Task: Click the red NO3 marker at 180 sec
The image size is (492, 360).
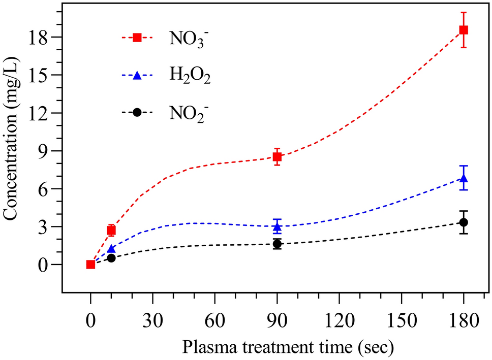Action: pyautogui.click(x=464, y=30)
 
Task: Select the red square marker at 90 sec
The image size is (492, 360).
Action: pyautogui.click(x=277, y=157)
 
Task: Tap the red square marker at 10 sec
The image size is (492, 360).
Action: pyautogui.click(x=111, y=231)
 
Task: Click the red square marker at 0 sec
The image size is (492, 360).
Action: pyautogui.click(x=90, y=264)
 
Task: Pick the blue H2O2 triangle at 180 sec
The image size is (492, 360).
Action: pyautogui.click(x=464, y=178)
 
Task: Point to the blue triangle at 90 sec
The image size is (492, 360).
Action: pyautogui.click(x=277, y=226)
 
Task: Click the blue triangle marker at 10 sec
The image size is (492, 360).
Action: pyautogui.click(x=111, y=249)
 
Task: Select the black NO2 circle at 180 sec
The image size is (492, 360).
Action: pyautogui.click(x=464, y=222)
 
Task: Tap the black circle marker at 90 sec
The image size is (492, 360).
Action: pyautogui.click(x=277, y=244)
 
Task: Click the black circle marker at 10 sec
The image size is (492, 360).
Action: pyautogui.click(x=111, y=258)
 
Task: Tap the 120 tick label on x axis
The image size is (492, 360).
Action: pyautogui.click(x=339, y=321)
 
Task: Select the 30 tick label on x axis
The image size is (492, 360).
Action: pyautogui.click(x=152, y=321)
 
